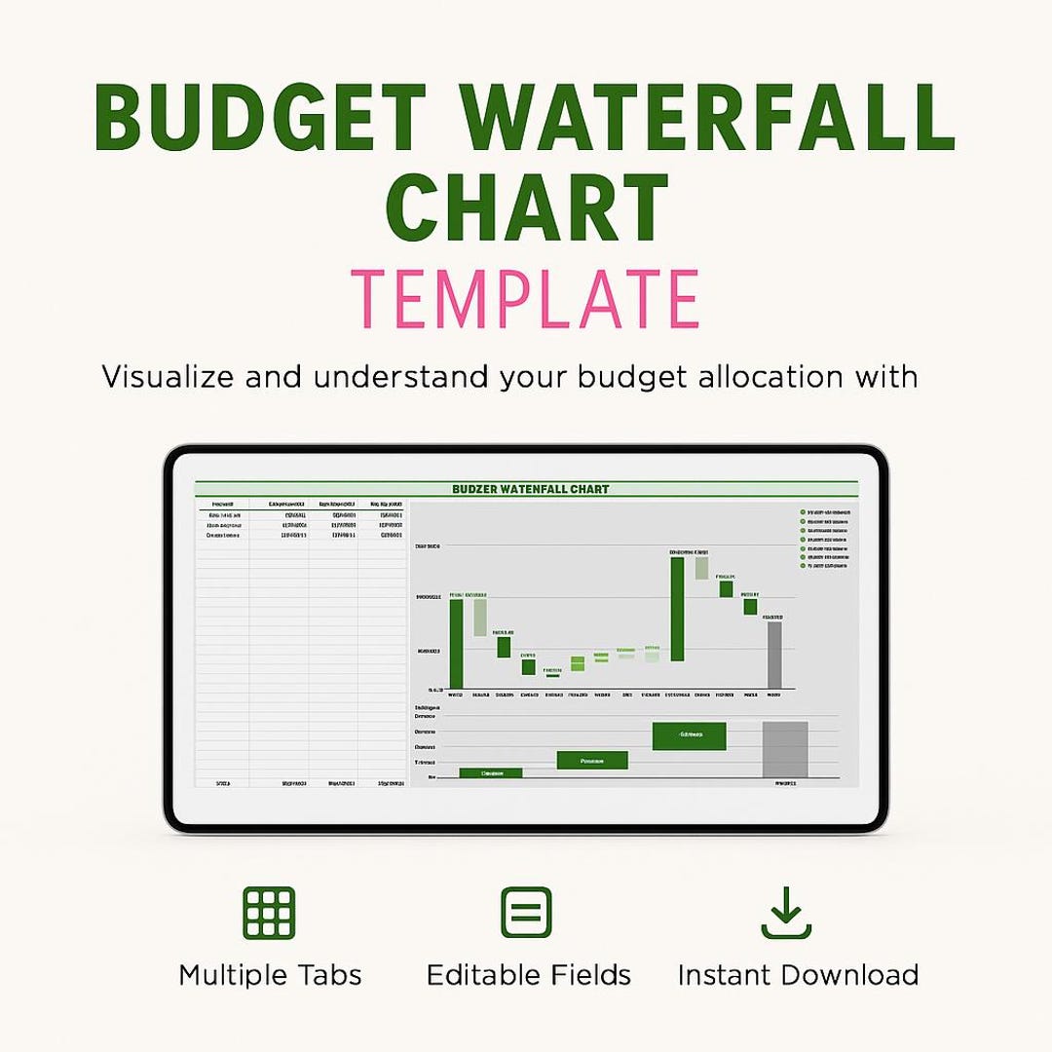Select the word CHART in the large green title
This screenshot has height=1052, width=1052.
(x=527, y=208)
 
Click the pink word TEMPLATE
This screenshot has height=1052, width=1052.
(x=526, y=299)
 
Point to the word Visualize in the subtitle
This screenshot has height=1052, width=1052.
(x=168, y=377)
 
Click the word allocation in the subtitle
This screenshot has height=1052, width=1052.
(x=767, y=377)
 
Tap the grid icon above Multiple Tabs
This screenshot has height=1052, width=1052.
(x=269, y=913)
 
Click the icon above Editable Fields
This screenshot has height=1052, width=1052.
(x=526, y=913)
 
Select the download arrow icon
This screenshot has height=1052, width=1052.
(x=786, y=913)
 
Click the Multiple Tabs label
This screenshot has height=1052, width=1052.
(x=270, y=975)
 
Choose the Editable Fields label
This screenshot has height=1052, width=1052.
(x=529, y=975)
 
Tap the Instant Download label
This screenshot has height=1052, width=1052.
(x=798, y=975)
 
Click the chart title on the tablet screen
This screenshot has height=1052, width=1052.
(x=531, y=489)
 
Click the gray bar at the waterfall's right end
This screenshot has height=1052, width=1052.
(x=774, y=655)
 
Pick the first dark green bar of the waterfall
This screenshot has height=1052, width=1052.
(x=456, y=644)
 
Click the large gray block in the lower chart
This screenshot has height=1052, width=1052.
(x=785, y=749)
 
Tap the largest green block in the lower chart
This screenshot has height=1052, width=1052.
(x=690, y=735)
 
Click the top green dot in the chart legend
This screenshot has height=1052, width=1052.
(x=803, y=511)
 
